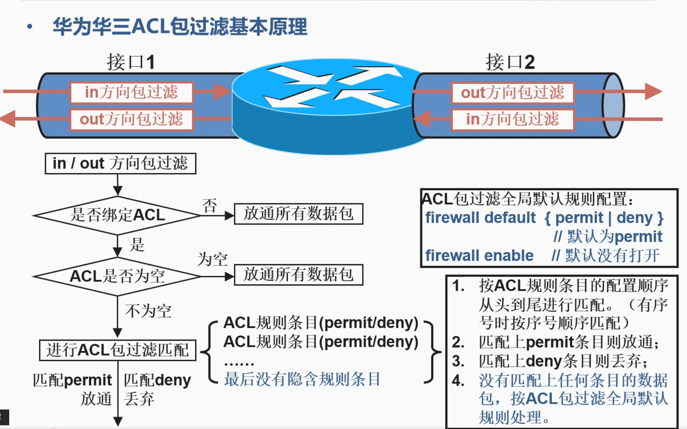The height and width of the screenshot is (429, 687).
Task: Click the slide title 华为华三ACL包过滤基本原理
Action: pyautogui.click(x=180, y=26)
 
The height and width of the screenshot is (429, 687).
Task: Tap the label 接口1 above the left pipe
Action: pyautogui.click(x=131, y=62)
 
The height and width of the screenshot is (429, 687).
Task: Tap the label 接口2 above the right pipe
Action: pyautogui.click(x=510, y=62)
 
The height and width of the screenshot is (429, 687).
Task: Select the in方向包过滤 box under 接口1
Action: pyautogui.click(x=132, y=92)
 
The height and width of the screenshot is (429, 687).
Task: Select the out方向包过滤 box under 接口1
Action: pyautogui.click(x=132, y=119)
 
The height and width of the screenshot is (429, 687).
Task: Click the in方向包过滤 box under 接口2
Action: pyautogui.click(x=512, y=119)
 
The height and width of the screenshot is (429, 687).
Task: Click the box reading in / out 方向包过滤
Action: pyautogui.click(x=120, y=163)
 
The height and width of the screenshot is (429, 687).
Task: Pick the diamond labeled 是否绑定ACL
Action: pyautogui.click(x=118, y=215)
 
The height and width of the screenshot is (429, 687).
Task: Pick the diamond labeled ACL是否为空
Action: pyautogui.click(x=118, y=276)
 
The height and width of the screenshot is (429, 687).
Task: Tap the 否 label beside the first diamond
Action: pyautogui.click(x=210, y=206)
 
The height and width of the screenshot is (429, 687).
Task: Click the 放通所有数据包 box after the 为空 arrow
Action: pyautogui.click(x=298, y=275)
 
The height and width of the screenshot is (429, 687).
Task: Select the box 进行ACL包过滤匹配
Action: pyautogui.click(x=118, y=350)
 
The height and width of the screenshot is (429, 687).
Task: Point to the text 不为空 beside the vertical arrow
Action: pyautogui.click(x=148, y=311)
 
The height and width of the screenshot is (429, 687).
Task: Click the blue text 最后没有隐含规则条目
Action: pyautogui.click(x=302, y=379)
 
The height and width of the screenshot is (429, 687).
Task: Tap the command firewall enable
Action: pyautogui.click(x=479, y=255)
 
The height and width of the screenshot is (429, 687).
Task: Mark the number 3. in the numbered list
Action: pyautogui.click(x=458, y=361)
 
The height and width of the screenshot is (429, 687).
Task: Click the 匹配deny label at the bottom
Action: pyautogui.click(x=157, y=380)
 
